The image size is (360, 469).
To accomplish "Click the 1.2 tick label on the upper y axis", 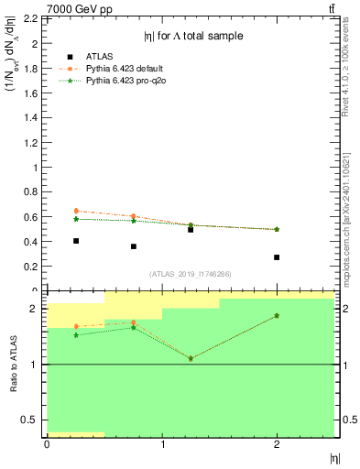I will coord(34,143).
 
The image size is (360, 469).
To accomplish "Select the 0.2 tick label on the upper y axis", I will coord(34,267).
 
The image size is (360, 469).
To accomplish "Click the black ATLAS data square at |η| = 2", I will coord(277,257).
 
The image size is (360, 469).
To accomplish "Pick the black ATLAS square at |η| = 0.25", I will coord(76,241).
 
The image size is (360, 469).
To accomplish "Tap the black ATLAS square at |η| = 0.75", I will coord(134,246).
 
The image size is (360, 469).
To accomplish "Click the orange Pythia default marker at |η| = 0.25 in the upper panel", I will coord(76,211).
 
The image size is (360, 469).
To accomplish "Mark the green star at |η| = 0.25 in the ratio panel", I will coord(76,335).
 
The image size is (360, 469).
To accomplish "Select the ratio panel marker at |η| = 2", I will coord(277,316).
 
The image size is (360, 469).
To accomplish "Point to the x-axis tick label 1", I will coord(162,443).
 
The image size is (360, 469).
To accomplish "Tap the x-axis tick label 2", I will coord(277,443).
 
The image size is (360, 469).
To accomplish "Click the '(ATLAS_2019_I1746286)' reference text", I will coord(191,275).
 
